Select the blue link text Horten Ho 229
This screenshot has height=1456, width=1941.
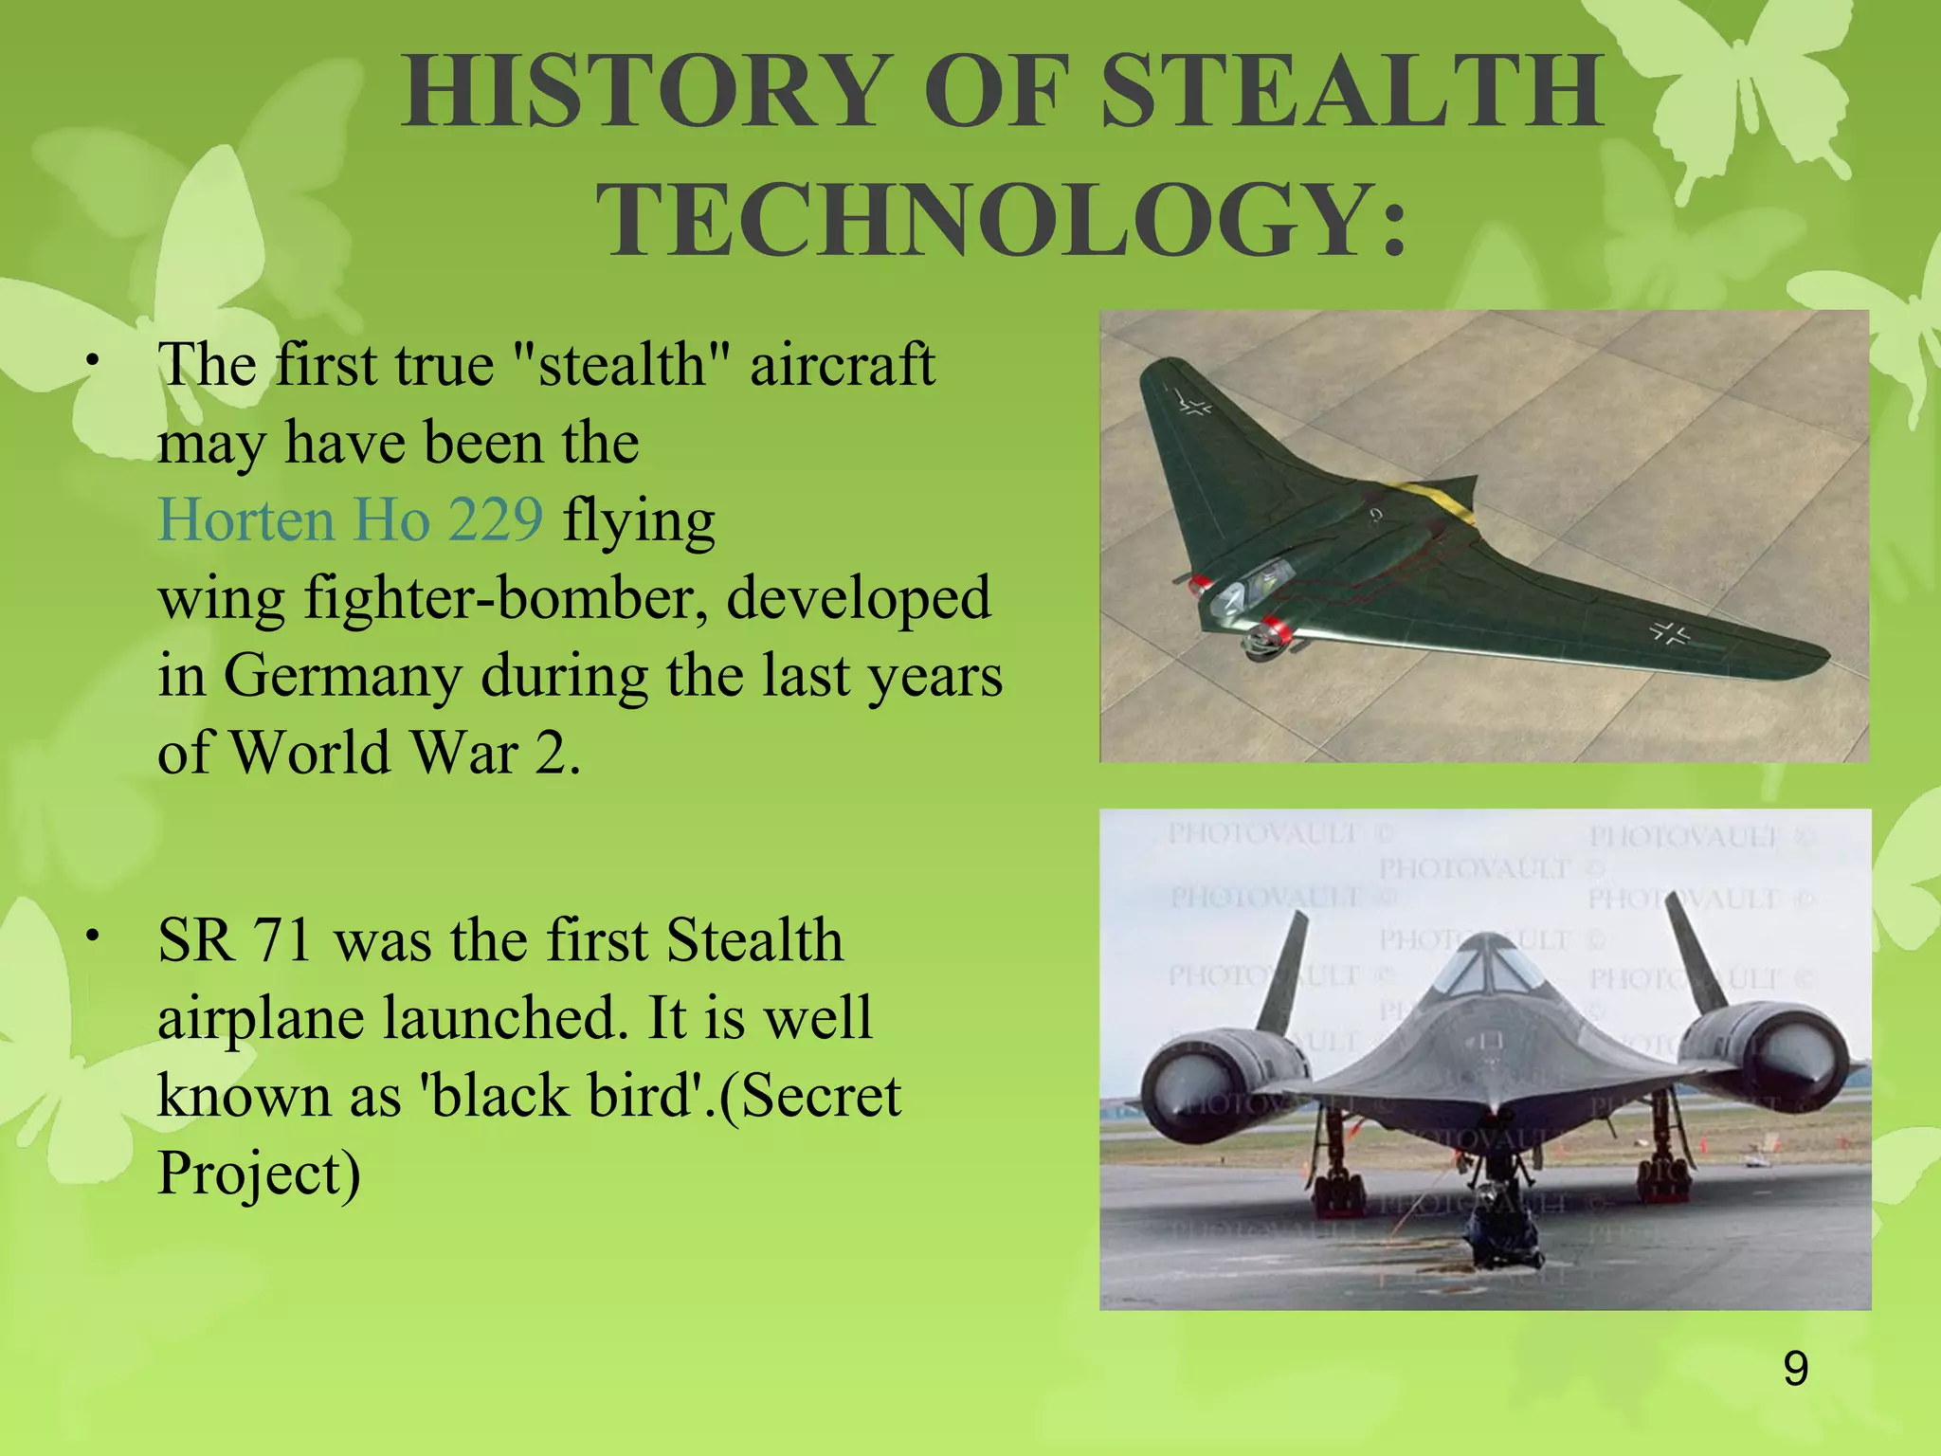pyautogui.click(x=350, y=519)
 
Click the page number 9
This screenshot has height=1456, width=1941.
pyautogui.click(x=1795, y=1369)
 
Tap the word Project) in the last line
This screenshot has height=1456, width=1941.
pyautogui.click(x=259, y=1174)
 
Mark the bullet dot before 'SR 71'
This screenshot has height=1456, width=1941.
pyautogui.click(x=91, y=937)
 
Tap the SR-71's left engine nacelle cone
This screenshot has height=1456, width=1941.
pyautogui.click(x=1185, y=1081)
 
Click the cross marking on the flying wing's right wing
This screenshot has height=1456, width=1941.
pyautogui.click(x=1669, y=632)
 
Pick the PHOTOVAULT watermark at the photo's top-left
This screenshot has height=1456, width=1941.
pyautogui.click(x=1261, y=833)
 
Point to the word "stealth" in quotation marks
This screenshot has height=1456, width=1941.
pyautogui.click(x=622, y=364)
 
